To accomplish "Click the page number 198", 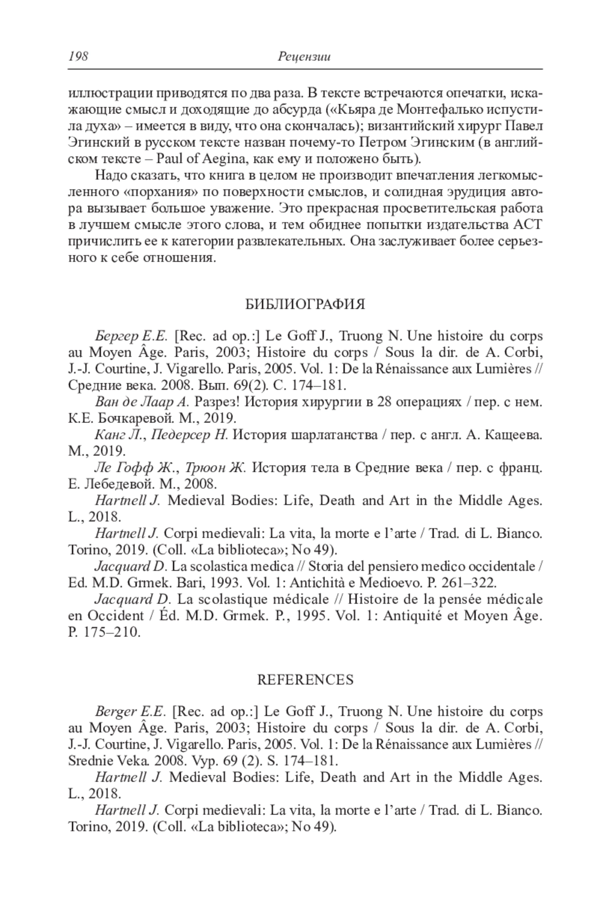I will (78, 57).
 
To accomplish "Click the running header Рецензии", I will (304, 57).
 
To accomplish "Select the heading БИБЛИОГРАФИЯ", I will (305, 304).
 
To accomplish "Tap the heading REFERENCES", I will (305, 680).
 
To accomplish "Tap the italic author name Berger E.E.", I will (130, 712).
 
